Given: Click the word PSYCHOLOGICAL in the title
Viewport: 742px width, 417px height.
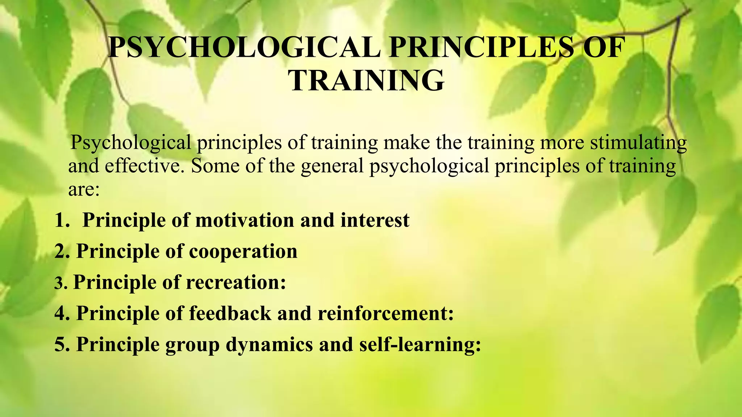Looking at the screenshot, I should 244,48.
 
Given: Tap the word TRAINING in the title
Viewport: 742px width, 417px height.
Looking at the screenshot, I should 366,80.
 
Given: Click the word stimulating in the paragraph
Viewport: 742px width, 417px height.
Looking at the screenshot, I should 638,143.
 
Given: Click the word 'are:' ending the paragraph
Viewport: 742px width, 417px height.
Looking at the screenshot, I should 84,189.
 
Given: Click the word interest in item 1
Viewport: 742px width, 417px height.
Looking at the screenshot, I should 375,220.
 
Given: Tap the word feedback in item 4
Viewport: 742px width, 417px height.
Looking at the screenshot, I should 230,313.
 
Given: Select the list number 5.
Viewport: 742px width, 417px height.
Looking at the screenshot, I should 61,345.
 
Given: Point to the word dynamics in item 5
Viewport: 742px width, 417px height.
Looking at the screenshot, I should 269,345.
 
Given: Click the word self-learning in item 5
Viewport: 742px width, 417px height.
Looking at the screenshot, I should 420,345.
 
